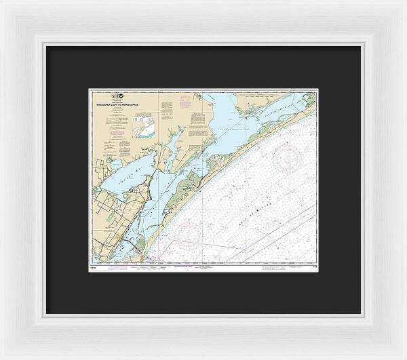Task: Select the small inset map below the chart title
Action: pyautogui.click(x=144, y=127)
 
